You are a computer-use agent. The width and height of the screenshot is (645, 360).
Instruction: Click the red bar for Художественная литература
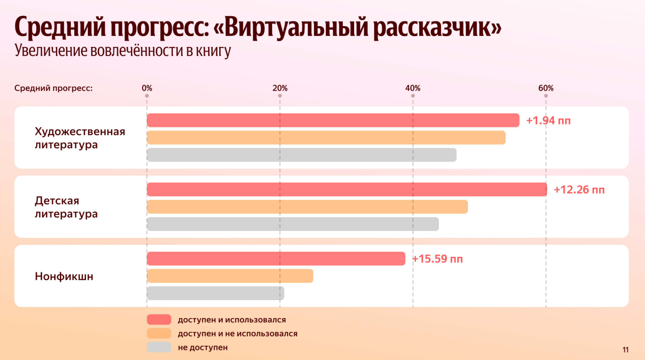pos(333,120)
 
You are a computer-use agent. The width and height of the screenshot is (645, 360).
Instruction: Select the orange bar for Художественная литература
pos(326,137)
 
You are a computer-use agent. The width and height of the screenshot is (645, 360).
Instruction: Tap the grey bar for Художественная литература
pos(302,155)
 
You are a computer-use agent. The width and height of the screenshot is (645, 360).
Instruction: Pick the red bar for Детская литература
pos(347,189)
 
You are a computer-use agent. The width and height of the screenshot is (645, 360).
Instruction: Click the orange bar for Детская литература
pos(307,207)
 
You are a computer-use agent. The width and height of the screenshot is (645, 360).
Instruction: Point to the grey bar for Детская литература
pos(293,224)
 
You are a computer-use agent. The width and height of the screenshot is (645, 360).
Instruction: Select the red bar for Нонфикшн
pos(276,258)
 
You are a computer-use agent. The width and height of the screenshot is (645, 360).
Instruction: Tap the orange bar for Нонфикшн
pos(230,276)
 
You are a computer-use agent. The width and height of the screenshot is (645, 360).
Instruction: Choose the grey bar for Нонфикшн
pos(215,293)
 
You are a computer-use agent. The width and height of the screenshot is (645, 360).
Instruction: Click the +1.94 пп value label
pos(548,120)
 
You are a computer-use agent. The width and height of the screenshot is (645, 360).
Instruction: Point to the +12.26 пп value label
pos(579,190)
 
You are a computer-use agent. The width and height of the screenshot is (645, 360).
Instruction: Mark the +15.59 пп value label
pos(438,259)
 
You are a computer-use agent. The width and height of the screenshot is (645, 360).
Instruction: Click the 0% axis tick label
pos(147,88)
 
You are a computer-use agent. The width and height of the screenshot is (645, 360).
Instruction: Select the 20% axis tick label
pos(280,88)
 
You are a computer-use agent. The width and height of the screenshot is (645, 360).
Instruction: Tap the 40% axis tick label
pos(413,88)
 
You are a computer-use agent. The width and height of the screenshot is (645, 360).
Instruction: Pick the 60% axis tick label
pos(546,88)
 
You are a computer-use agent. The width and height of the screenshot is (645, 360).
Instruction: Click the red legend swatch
pos(159,319)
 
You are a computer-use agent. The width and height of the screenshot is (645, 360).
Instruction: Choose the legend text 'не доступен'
pos(203,347)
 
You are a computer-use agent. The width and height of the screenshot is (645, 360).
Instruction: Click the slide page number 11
pos(625,350)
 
